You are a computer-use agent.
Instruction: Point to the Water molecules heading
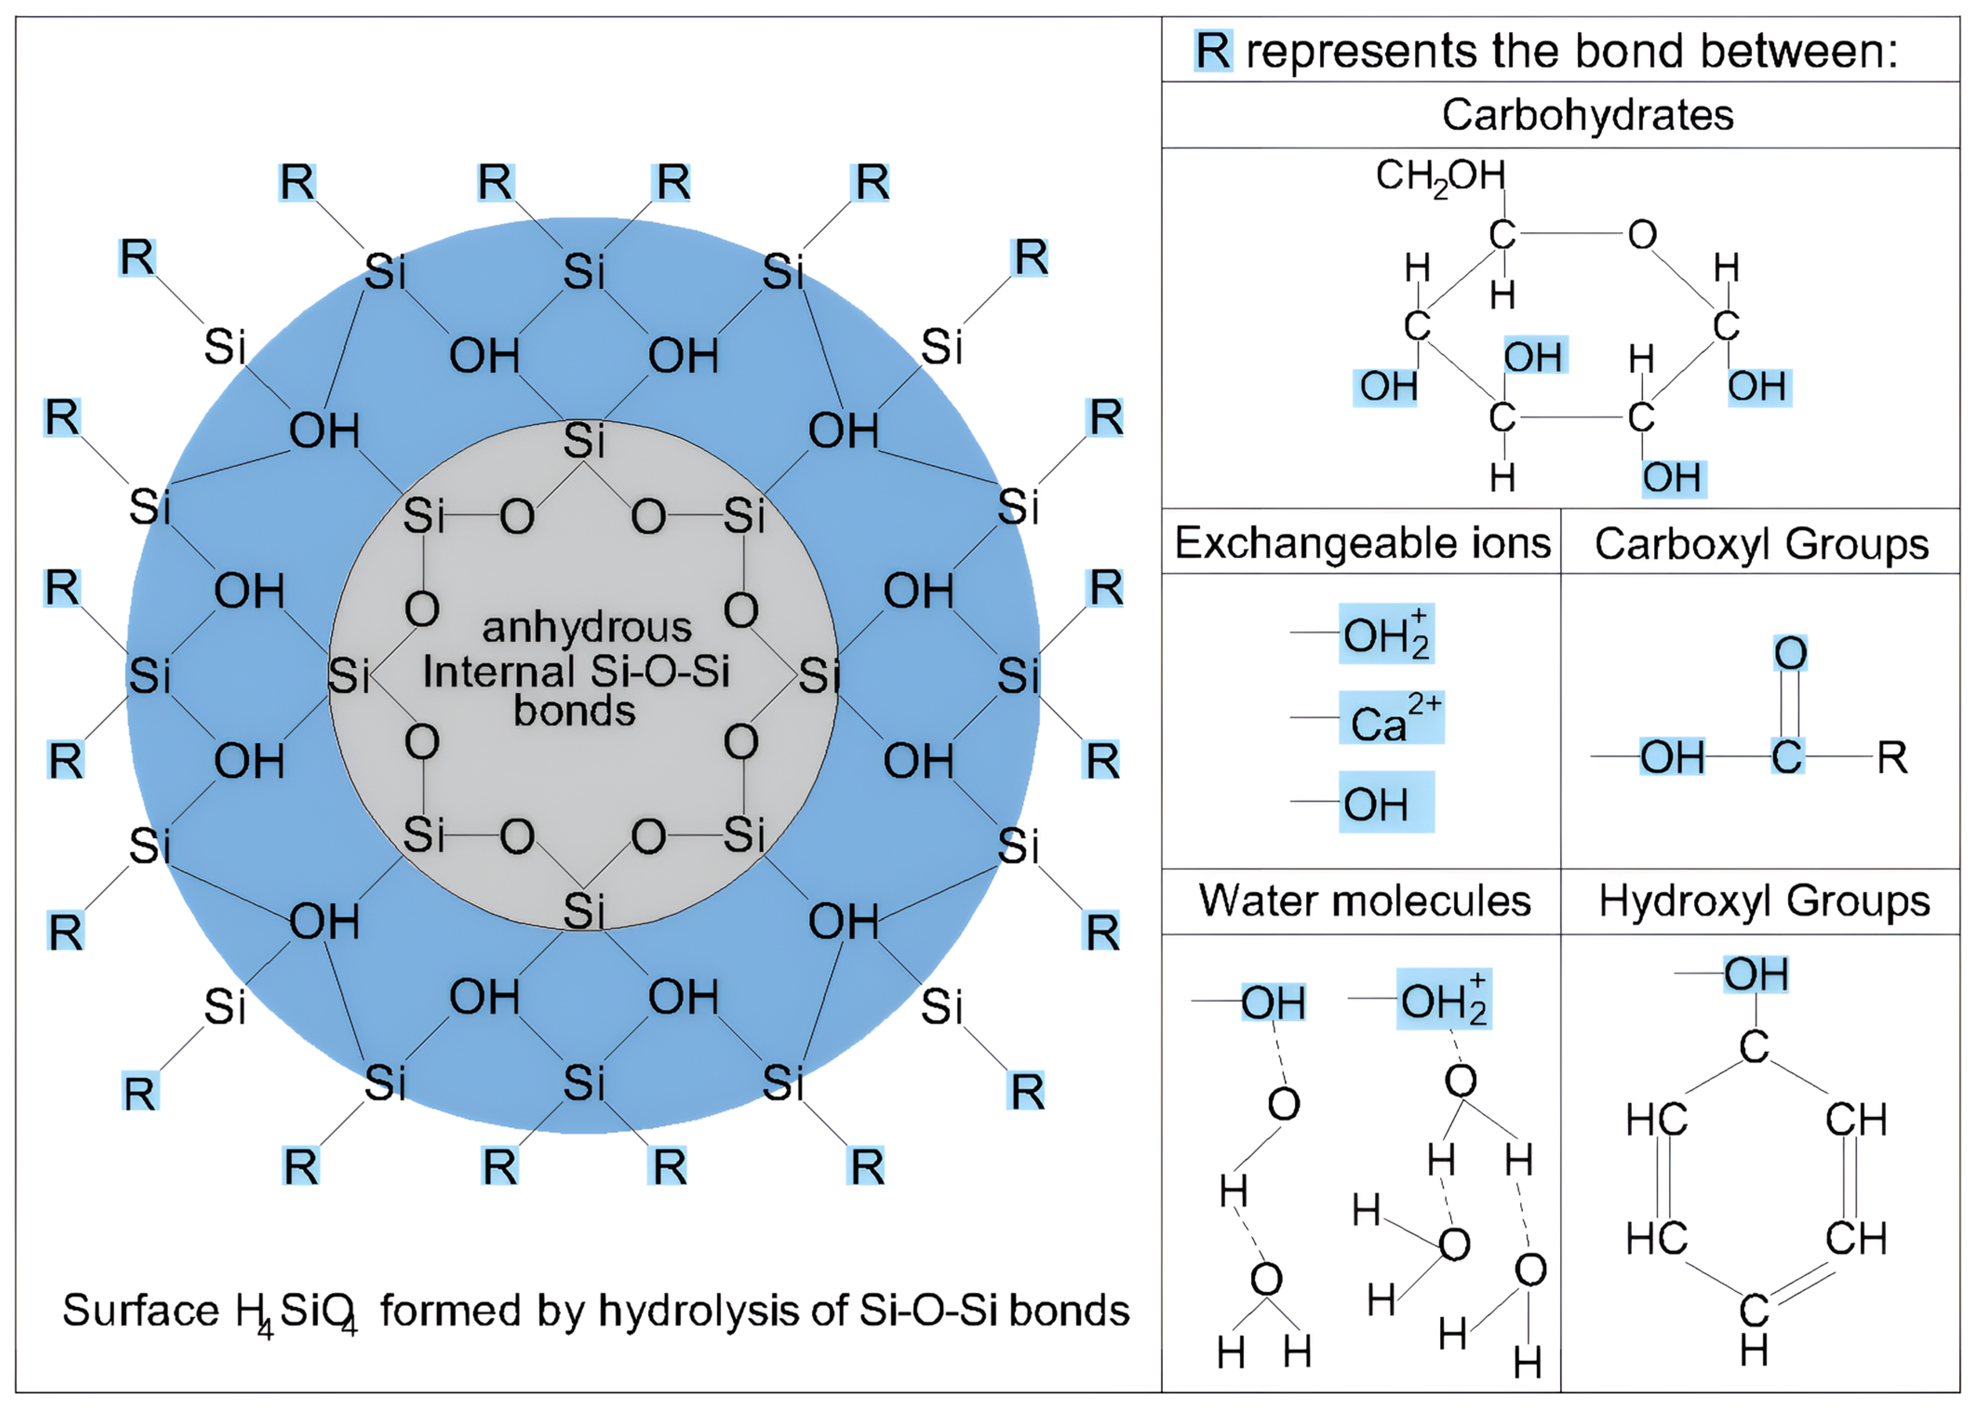click(x=1364, y=901)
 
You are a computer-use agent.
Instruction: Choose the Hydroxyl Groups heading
click(x=1764, y=901)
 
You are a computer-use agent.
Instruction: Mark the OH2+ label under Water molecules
click(x=1443, y=999)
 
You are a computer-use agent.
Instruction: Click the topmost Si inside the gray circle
click(x=583, y=441)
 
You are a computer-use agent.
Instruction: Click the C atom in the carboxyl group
click(x=1786, y=757)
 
